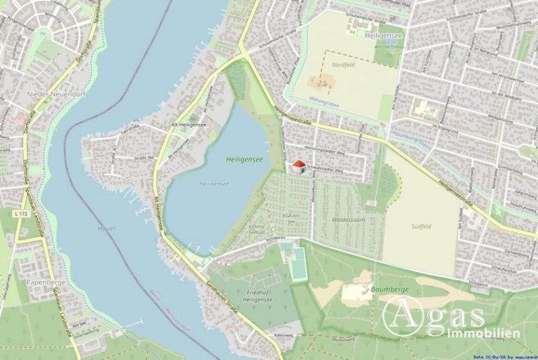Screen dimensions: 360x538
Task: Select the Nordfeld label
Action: (344, 65)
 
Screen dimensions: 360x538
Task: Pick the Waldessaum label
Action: (348, 219)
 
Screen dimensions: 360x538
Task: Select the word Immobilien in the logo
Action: (483, 333)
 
